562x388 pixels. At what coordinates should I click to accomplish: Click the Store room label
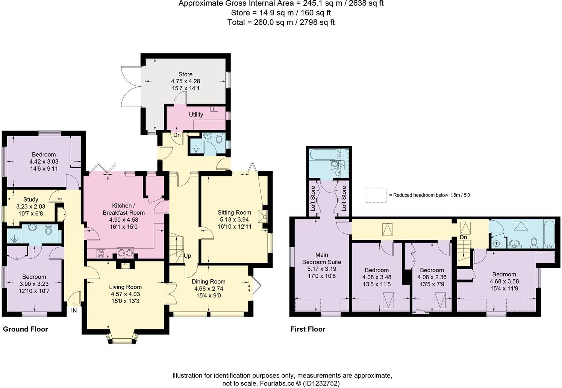185,74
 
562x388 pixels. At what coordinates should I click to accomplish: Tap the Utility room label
196,115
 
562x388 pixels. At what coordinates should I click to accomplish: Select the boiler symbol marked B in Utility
214,109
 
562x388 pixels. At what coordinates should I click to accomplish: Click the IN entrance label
74,311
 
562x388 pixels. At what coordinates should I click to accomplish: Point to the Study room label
30,199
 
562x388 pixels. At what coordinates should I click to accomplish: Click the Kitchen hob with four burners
101,253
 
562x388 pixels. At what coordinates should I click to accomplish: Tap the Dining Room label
208,282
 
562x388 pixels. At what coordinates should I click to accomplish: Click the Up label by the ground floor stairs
187,256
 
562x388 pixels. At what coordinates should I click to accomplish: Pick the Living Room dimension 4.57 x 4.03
126,294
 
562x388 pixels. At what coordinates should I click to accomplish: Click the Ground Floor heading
26,329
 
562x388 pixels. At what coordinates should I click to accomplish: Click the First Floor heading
308,329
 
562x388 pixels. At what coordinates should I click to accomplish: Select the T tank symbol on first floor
497,243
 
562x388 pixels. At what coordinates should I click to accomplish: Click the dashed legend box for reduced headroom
376,196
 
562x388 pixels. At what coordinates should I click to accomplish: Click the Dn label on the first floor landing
463,237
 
